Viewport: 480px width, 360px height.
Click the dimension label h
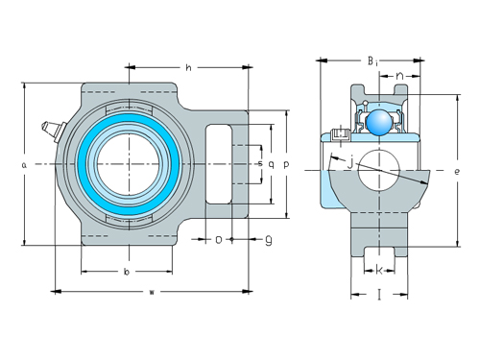[x=189, y=68]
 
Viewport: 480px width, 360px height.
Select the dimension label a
[x=22, y=165]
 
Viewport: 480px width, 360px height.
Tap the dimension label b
[x=128, y=273]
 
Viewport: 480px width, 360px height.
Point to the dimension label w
[x=153, y=293]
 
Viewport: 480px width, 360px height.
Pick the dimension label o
[x=218, y=238]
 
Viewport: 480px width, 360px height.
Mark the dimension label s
[x=260, y=164]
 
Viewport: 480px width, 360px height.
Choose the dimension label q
[x=272, y=164]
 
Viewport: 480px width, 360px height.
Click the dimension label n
[x=398, y=74]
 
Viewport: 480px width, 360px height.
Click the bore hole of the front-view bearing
[x=128, y=164]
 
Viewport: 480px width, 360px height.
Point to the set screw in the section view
[x=338, y=136]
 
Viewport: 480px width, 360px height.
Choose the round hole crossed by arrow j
[x=378, y=170]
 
